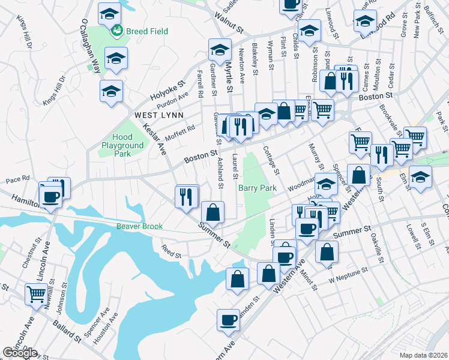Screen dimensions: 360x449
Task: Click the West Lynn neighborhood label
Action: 154,115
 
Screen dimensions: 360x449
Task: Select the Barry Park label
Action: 257,188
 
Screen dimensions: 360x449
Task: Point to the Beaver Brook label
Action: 140,226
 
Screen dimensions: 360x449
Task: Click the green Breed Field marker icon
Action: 116,30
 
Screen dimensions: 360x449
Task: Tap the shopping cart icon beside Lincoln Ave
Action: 36,295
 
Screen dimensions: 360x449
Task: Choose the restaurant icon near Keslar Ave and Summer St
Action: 186,196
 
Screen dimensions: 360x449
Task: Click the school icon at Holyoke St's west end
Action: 111,91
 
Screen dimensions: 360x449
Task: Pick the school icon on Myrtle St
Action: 220,49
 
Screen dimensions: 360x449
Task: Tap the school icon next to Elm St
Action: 421,177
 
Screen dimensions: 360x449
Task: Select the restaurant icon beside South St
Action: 381,154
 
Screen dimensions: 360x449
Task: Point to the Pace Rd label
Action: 17,179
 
